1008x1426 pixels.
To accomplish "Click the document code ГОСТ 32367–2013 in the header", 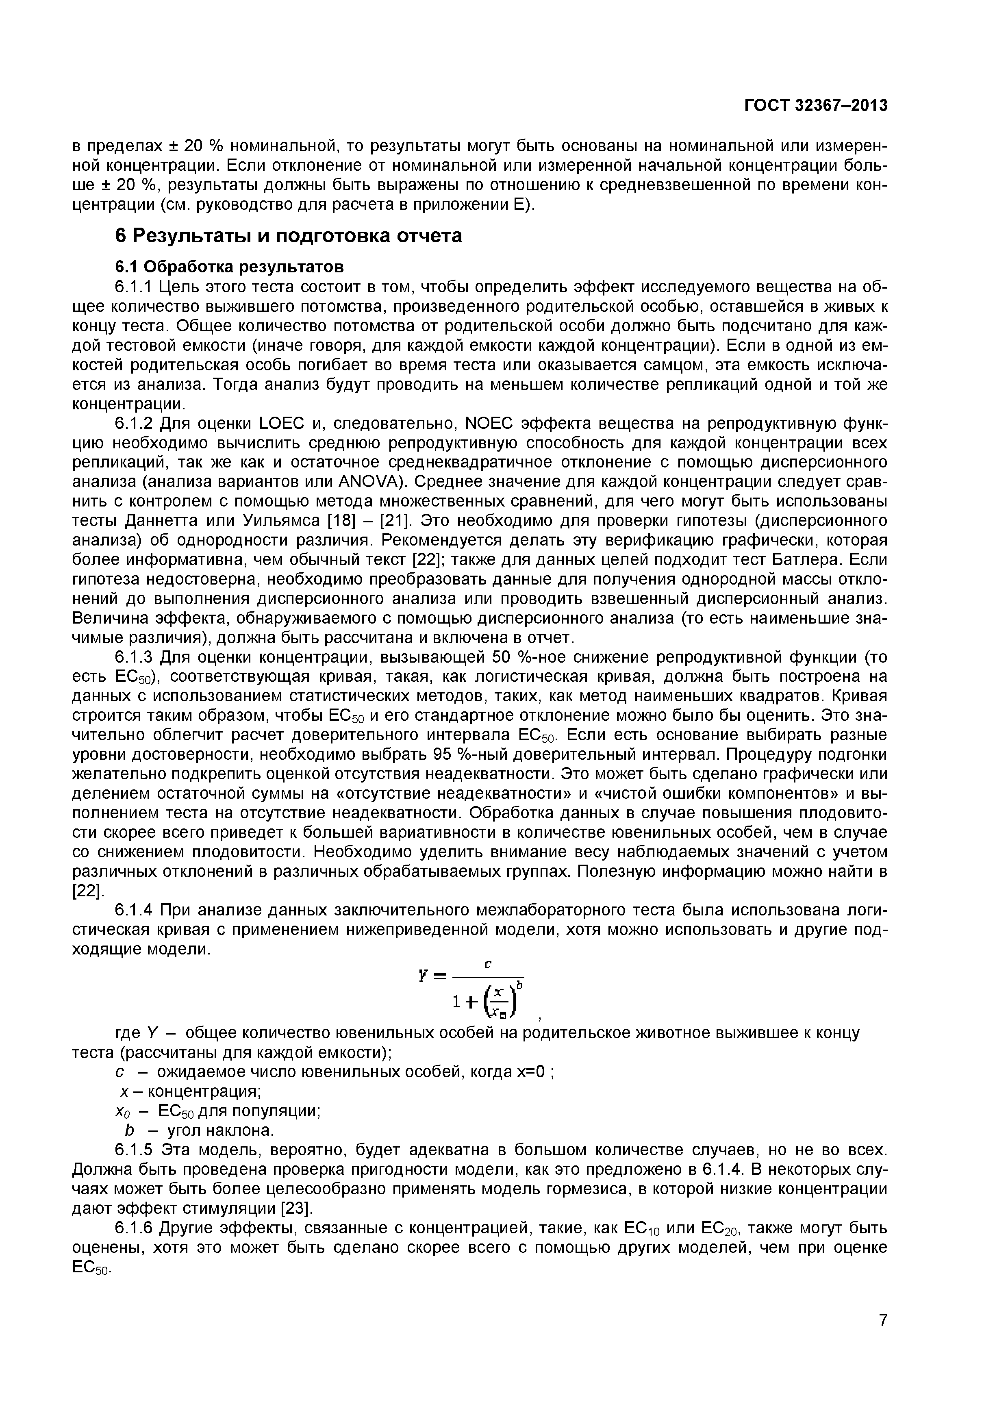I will (x=816, y=106).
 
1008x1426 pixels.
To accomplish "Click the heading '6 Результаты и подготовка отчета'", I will (x=289, y=237).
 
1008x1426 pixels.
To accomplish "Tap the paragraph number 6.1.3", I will (x=134, y=657).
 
